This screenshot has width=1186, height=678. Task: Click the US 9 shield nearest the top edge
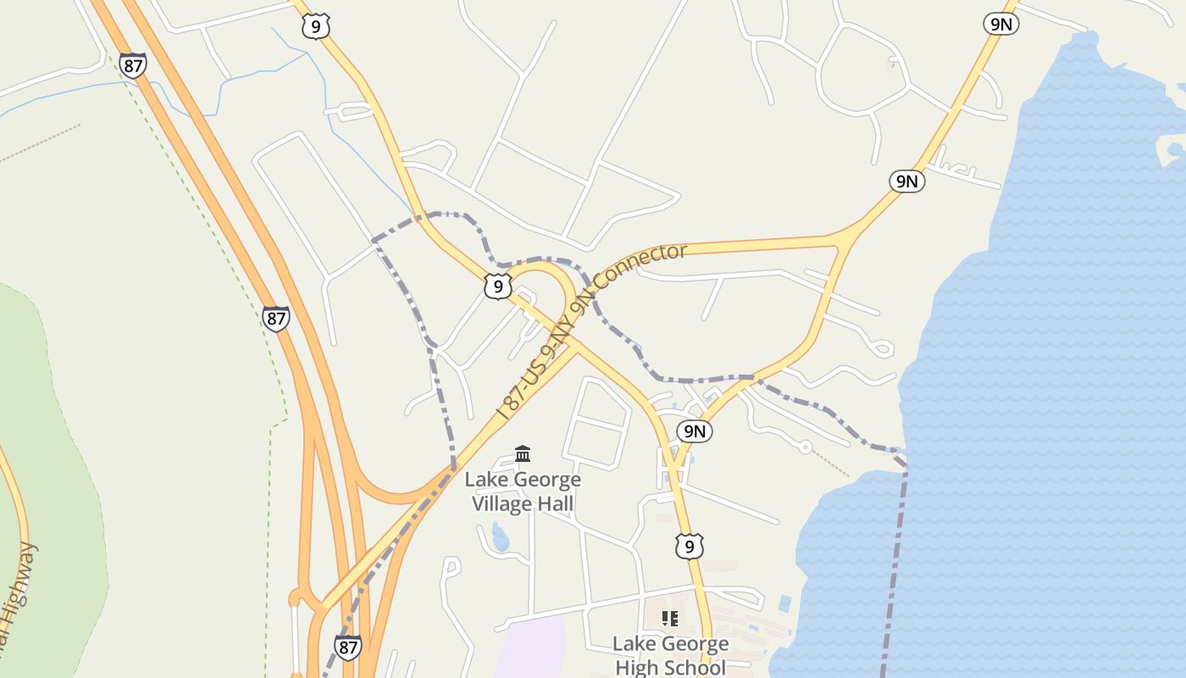pos(315,27)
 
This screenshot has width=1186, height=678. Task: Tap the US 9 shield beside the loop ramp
pos(498,286)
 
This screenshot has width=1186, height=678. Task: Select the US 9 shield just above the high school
pos(690,547)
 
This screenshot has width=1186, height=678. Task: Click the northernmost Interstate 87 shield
pos(132,65)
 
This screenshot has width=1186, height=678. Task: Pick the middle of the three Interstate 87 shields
pos(275,319)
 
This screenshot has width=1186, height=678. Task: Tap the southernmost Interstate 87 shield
pos(347,647)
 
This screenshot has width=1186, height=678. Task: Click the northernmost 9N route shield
pos(1000,24)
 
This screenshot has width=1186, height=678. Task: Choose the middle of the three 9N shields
pos(906,181)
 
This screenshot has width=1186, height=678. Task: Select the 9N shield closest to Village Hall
pos(695,431)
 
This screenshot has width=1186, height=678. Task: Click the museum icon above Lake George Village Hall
pos(523,453)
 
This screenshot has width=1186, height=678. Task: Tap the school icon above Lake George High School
pos(670,619)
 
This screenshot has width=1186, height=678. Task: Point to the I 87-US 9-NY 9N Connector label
pos(592,331)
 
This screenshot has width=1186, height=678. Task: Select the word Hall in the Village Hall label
pos(554,504)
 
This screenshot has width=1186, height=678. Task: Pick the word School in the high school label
pos(700,668)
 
